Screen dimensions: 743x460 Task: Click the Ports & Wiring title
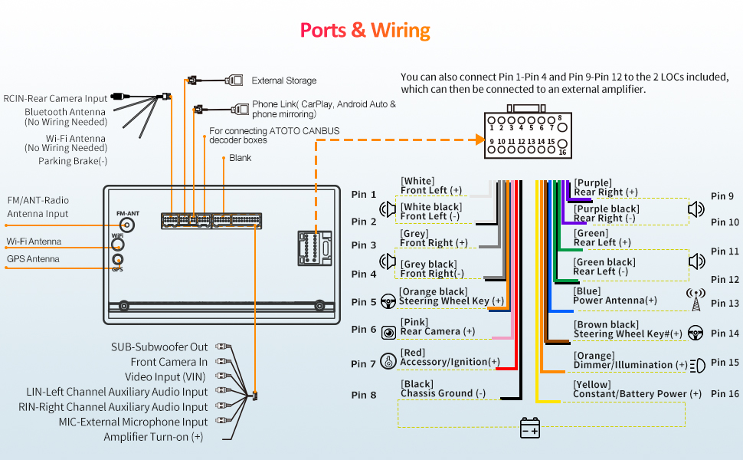click(x=365, y=31)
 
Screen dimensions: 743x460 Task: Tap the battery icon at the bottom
click(x=530, y=428)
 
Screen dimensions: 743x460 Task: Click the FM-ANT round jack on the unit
click(x=126, y=225)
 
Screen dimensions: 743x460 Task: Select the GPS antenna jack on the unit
click(x=117, y=259)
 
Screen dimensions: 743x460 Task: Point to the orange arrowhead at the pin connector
click(x=480, y=140)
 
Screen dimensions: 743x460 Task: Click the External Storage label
click(x=284, y=80)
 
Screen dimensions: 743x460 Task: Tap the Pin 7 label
click(x=363, y=363)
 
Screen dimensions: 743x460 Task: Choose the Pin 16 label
click(x=725, y=393)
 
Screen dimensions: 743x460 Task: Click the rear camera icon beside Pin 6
click(x=388, y=333)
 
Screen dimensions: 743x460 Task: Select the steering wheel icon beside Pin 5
click(x=388, y=301)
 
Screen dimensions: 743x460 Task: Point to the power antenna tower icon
click(x=696, y=300)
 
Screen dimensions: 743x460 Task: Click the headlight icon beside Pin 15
click(x=698, y=366)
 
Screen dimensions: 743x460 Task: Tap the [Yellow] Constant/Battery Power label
click(x=637, y=389)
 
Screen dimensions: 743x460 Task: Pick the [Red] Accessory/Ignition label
click(x=450, y=357)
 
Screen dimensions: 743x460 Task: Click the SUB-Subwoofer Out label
click(x=159, y=347)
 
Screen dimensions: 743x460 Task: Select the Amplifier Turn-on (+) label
click(x=153, y=437)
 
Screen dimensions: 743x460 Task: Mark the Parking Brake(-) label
click(x=73, y=161)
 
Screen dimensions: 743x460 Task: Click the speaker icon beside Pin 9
click(x=696, y=209)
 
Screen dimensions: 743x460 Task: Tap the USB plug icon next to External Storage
click(x=234, y=80)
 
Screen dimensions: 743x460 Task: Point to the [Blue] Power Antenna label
click(x=614, y=296)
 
